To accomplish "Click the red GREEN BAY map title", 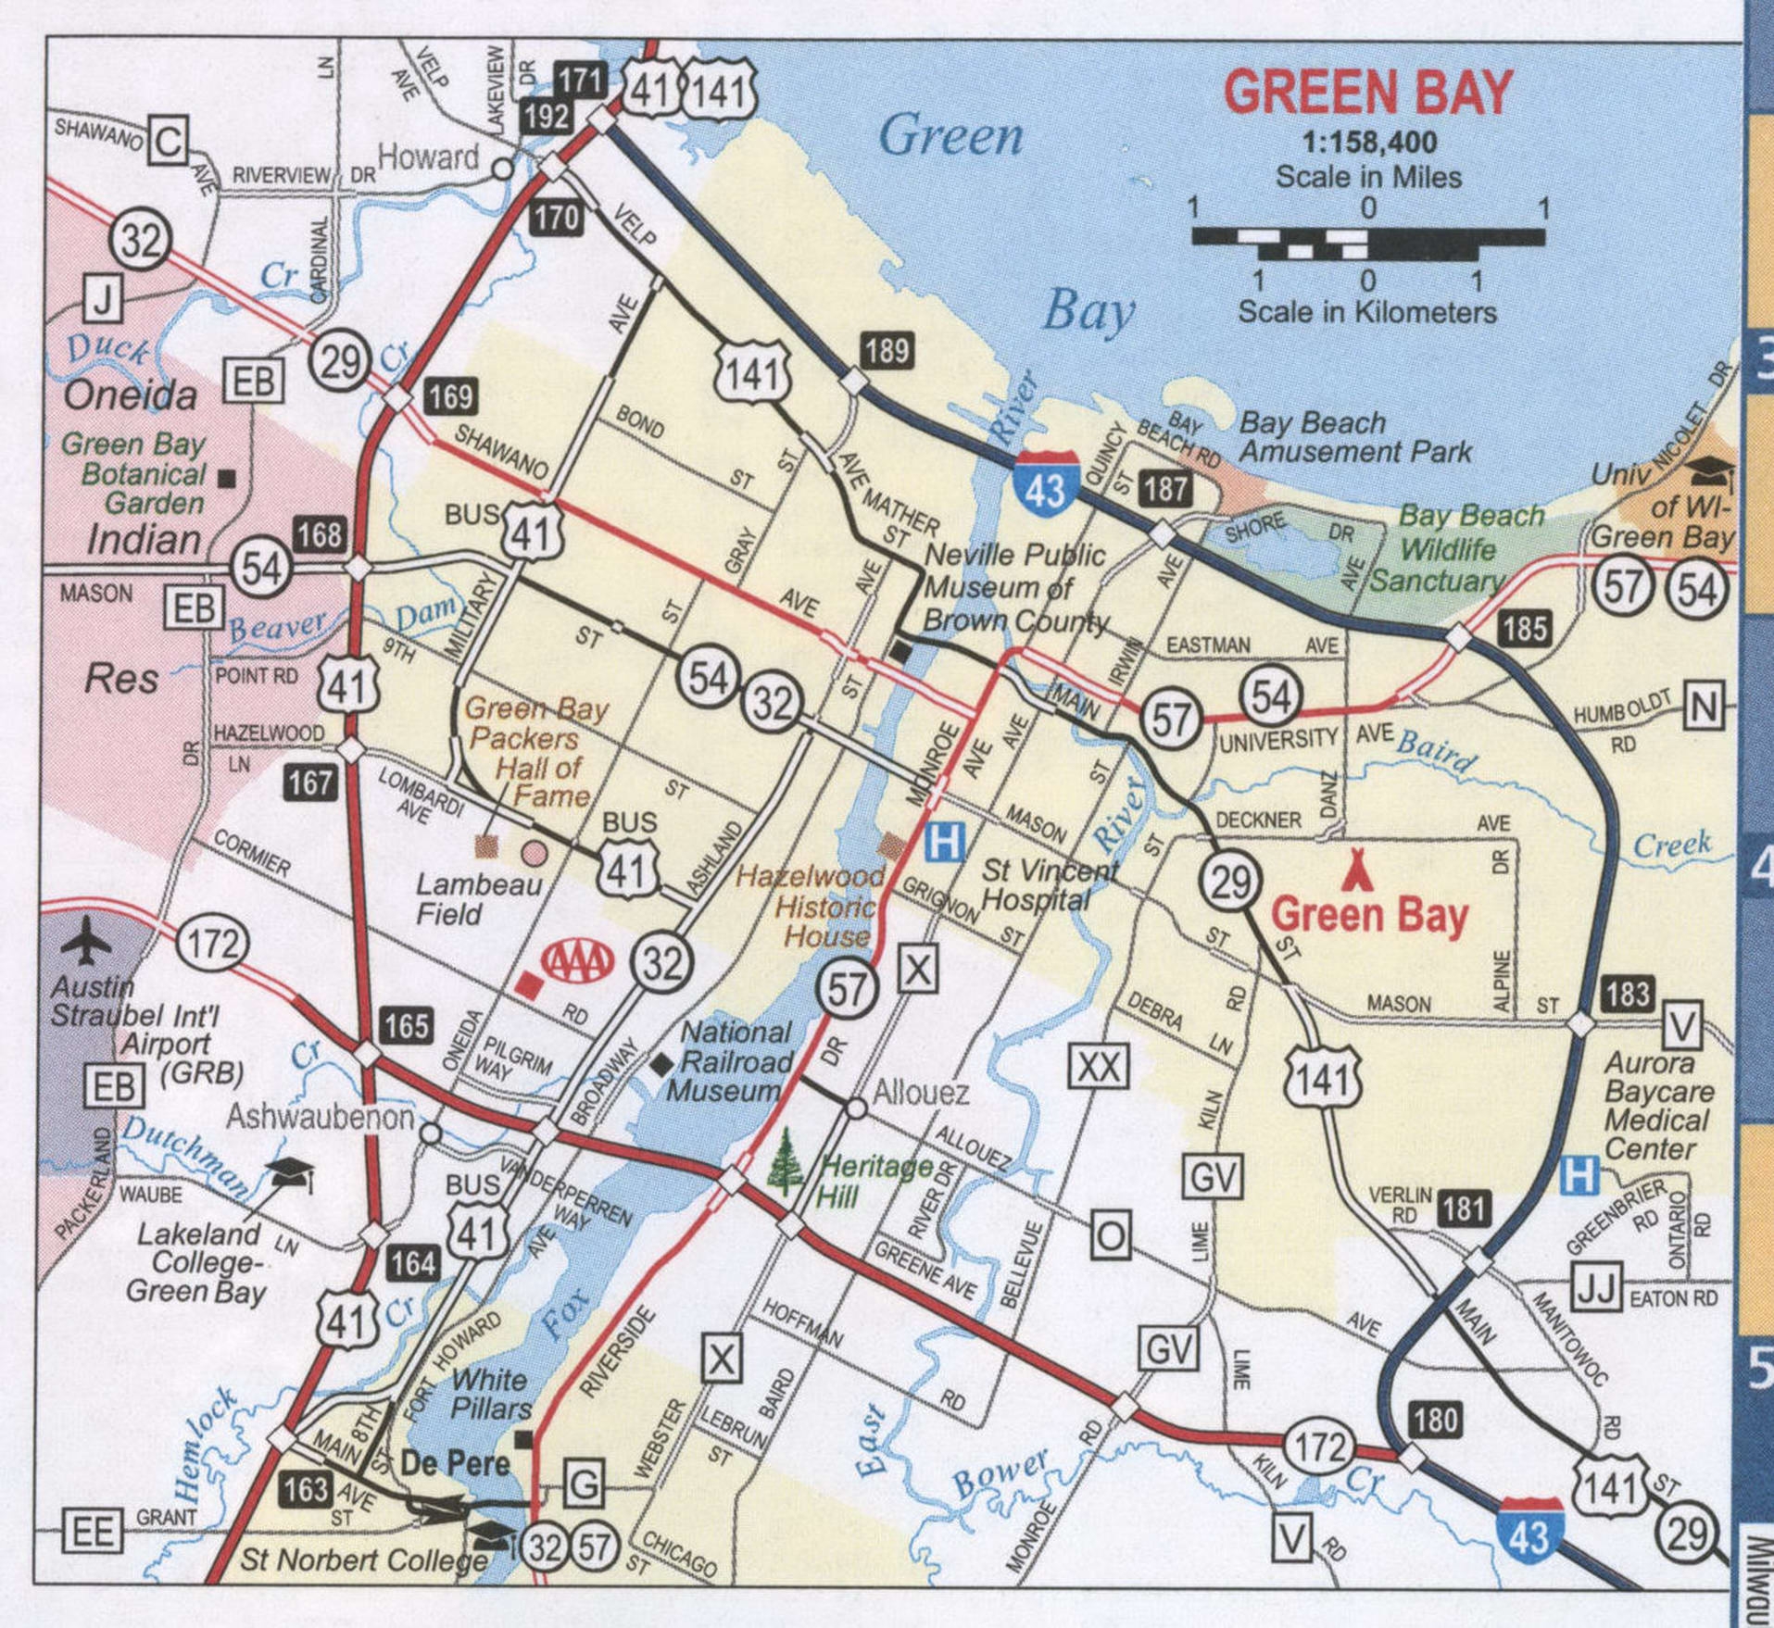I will click(1368, 93).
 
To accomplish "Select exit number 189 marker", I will click(887, 351).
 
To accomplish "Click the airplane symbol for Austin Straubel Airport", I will click(87, 941).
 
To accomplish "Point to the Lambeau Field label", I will click(478, 899).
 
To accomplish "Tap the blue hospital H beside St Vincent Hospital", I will click(945, 842).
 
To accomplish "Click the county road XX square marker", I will click(1100, 1067).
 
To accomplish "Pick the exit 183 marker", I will click(1628, 994).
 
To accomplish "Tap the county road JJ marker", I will click(1596, 1288).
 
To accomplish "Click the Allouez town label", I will click(921, 1093).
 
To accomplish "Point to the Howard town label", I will click(428, 157).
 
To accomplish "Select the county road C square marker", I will click(170, 142).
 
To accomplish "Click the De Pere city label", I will click(455, 1463).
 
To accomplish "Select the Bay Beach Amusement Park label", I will click(1354, 437).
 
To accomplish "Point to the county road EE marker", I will click(93, 1532).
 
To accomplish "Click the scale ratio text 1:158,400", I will click(1369, 142).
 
